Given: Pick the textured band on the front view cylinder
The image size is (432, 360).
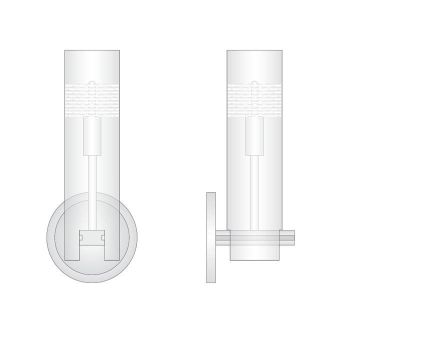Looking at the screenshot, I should tap(92, 100).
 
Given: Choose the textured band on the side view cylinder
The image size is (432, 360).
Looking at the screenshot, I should tap(254, 100).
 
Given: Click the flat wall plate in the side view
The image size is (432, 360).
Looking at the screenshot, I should tap(211, 237).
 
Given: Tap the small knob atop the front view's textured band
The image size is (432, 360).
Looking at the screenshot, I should tap(92, 82).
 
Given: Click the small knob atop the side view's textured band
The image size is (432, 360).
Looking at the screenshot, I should tap(254, 82).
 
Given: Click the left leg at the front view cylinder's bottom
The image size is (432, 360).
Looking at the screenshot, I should tap(72, 245).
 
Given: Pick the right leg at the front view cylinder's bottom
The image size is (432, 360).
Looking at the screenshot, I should tap(112, 245).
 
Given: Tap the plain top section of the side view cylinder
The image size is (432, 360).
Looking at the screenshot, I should tap(254, 65).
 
